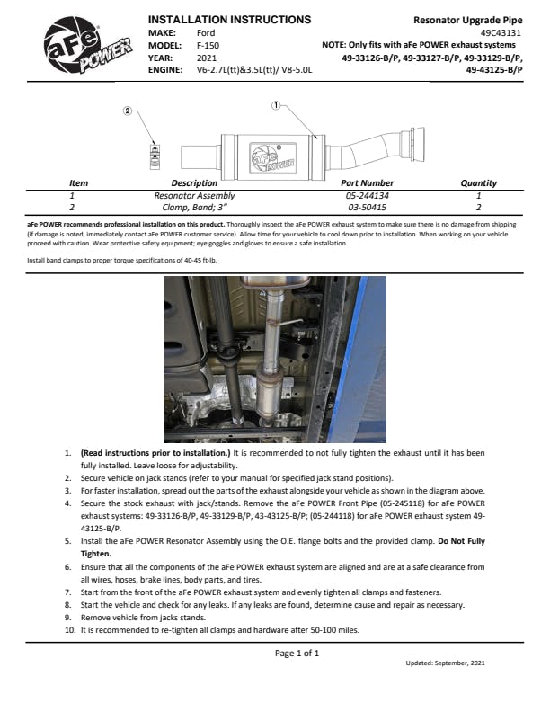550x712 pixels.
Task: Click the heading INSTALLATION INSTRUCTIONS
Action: coord(228,19)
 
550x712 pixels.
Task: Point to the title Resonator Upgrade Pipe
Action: coord(467,19)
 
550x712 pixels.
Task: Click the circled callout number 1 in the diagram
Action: coord(276,105)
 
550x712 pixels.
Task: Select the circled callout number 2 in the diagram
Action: coord(128,111)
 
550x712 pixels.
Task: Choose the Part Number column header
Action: coord(367,182)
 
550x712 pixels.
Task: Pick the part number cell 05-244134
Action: coord(367,195)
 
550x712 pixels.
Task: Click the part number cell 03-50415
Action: coord(367,207)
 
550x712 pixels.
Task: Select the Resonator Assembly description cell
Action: coord(194,195)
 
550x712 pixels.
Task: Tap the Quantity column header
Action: coord(478,182)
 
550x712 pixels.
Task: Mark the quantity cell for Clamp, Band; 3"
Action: coord(478,207)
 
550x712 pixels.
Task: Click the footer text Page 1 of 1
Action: coord(297,653)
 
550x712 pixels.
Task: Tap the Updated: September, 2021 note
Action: coord(444,663)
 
